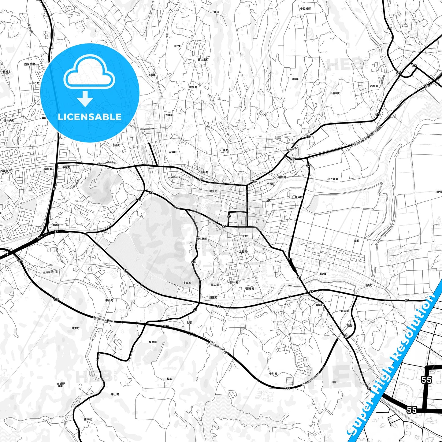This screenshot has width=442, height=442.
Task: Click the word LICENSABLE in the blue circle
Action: tap(90, 117)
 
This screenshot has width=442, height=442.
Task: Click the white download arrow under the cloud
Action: tap(85, 99)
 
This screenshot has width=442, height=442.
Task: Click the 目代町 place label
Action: tap(177, 46)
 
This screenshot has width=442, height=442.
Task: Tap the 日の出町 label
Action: tap(203, 60)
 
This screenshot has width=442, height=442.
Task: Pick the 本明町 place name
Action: tap(152, 75)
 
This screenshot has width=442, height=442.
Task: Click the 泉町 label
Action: tap(225, 150)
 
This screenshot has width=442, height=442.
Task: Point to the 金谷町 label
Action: tap(204, 173)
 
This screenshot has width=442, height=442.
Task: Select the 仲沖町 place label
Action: tap(298, 197)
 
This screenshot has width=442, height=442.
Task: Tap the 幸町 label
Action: tap(357, 241)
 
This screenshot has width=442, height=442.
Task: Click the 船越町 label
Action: tap(323, 274)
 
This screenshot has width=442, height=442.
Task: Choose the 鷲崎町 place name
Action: tap(319, 305)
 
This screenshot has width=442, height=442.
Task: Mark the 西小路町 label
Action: tap(202, 239)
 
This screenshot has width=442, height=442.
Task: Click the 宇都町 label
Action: tap(187, 283)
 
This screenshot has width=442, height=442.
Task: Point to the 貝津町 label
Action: tap(76, 328)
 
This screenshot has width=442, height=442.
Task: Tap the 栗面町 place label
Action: tap(153, 342)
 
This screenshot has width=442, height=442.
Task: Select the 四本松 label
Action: tap(88, 419)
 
